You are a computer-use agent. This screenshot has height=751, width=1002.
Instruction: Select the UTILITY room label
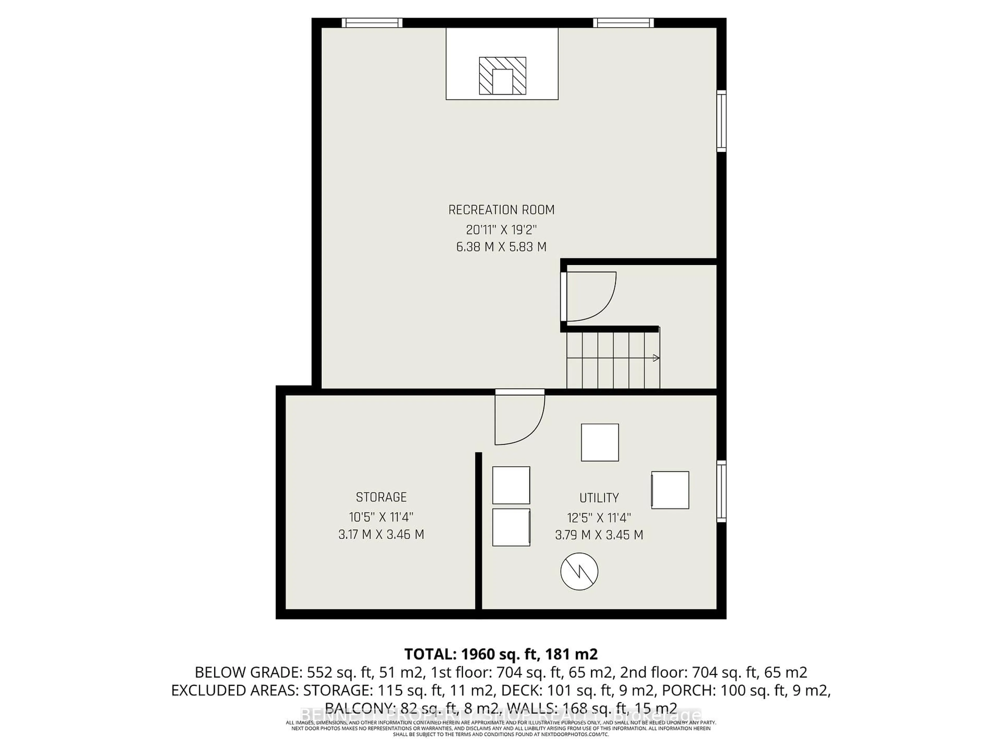point(599,498)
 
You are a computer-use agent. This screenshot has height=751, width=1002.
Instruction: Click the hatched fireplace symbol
point(502,76)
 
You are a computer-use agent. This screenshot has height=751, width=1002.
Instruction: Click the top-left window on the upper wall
point(372,23)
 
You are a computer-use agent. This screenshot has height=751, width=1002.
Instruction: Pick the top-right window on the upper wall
point(623,23)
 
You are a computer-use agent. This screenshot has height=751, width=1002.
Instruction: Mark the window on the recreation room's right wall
point(721,121)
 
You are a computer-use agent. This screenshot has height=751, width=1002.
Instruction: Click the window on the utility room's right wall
point(721,491)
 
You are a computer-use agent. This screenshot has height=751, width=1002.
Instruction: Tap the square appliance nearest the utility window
point(670,490)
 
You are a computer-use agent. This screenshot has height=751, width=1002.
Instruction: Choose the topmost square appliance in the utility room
point(600,442)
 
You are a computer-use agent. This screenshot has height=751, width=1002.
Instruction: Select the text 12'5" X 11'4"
point(599,517)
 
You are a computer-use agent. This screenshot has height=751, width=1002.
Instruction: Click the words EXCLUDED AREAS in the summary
point(235,690)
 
